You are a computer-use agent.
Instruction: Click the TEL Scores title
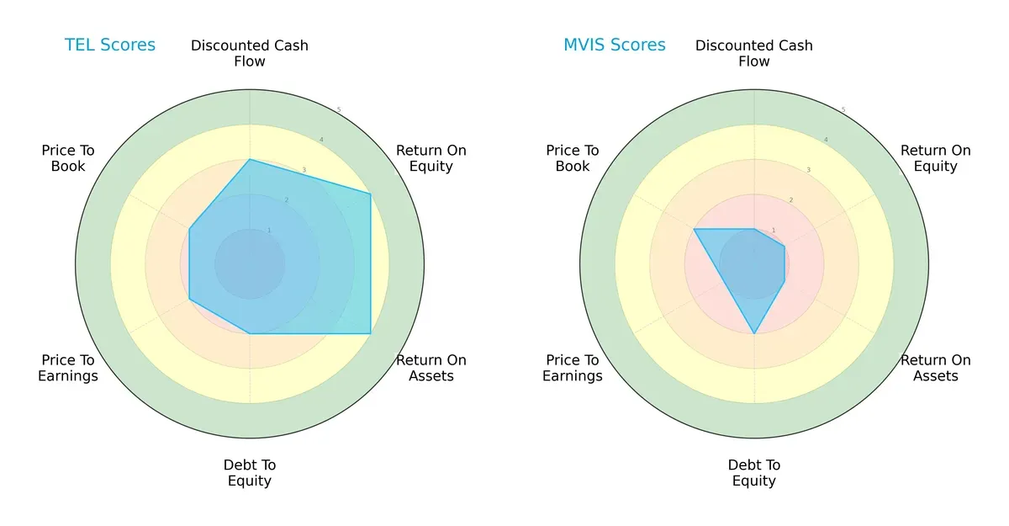(x=110, y=45)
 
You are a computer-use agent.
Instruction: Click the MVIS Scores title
(x=614, y=45)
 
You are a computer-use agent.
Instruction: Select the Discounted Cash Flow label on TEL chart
(x=250, y=53)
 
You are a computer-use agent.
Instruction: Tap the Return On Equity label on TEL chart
(x=431, y=158)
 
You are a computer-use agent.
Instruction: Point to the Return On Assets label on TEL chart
(x=431, y=368)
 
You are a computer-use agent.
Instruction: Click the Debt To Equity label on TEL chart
(x=250, y=473)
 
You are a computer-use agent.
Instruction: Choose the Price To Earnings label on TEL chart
(x=68, y=368)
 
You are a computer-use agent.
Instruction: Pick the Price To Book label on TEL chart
(x=68, y=158)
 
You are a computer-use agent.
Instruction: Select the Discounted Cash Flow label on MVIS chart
(x=754, y=53)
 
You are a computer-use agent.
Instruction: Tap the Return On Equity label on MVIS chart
(x=935, y=158)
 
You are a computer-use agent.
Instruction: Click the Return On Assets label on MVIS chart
(x=935, y=368)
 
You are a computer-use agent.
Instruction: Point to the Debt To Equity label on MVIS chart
(x=754, y=473)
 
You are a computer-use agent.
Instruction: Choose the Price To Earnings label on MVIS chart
(x=573, y=368)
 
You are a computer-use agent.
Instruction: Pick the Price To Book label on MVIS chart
(x=573, y=158)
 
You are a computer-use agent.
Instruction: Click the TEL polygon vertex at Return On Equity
(x=371, y=194)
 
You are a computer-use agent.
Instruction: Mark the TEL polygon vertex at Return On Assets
(x=371, y=334)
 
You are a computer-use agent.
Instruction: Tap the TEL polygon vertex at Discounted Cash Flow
(x=250, y=159)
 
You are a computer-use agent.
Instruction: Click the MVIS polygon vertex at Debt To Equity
(x=754, y=334)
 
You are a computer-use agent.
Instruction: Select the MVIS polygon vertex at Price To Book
(x=694, y=229)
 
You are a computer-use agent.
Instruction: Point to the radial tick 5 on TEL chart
(x=339, y=110)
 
